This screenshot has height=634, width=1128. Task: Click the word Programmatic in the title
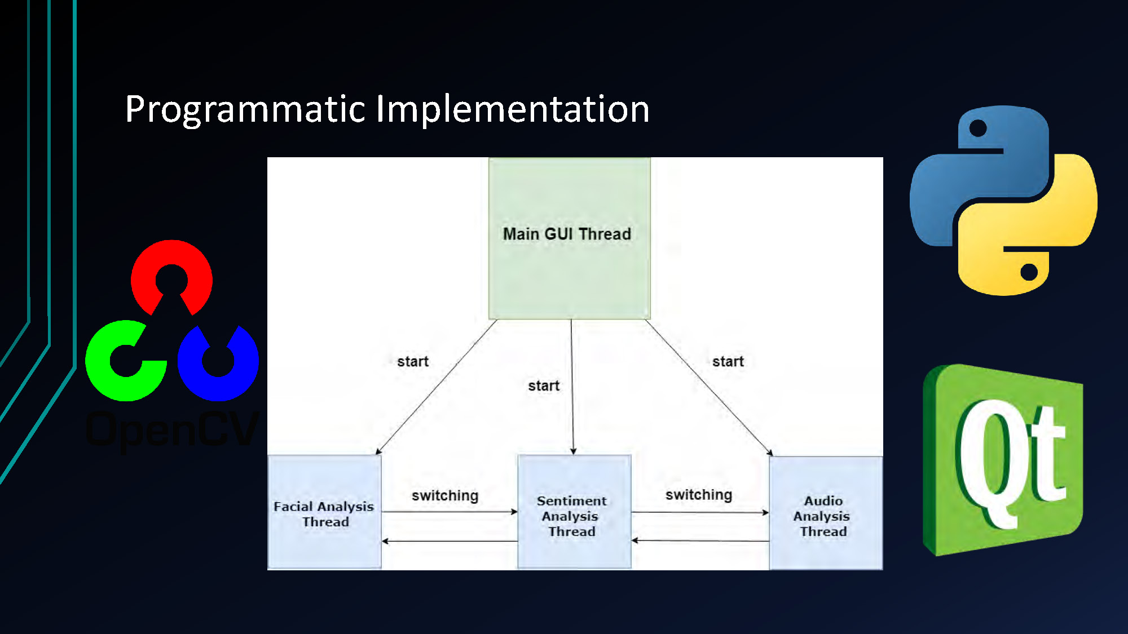point(245,109)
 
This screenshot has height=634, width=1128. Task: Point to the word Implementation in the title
point(512,109)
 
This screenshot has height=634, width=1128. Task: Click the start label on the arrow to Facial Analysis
point(412,361)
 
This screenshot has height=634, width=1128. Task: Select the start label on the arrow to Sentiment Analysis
point(543,386)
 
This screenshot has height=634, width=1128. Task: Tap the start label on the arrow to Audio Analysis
point(728,361)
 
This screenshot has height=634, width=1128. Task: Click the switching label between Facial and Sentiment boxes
point(444,495)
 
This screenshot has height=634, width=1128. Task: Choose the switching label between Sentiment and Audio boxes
point(698,494)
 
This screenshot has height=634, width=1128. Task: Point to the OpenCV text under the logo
point(172,429)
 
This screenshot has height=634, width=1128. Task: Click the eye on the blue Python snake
point(977,128)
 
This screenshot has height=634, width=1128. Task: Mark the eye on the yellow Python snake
point(1029,272)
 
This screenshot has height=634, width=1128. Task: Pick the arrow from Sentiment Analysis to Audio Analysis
point(699,512)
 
